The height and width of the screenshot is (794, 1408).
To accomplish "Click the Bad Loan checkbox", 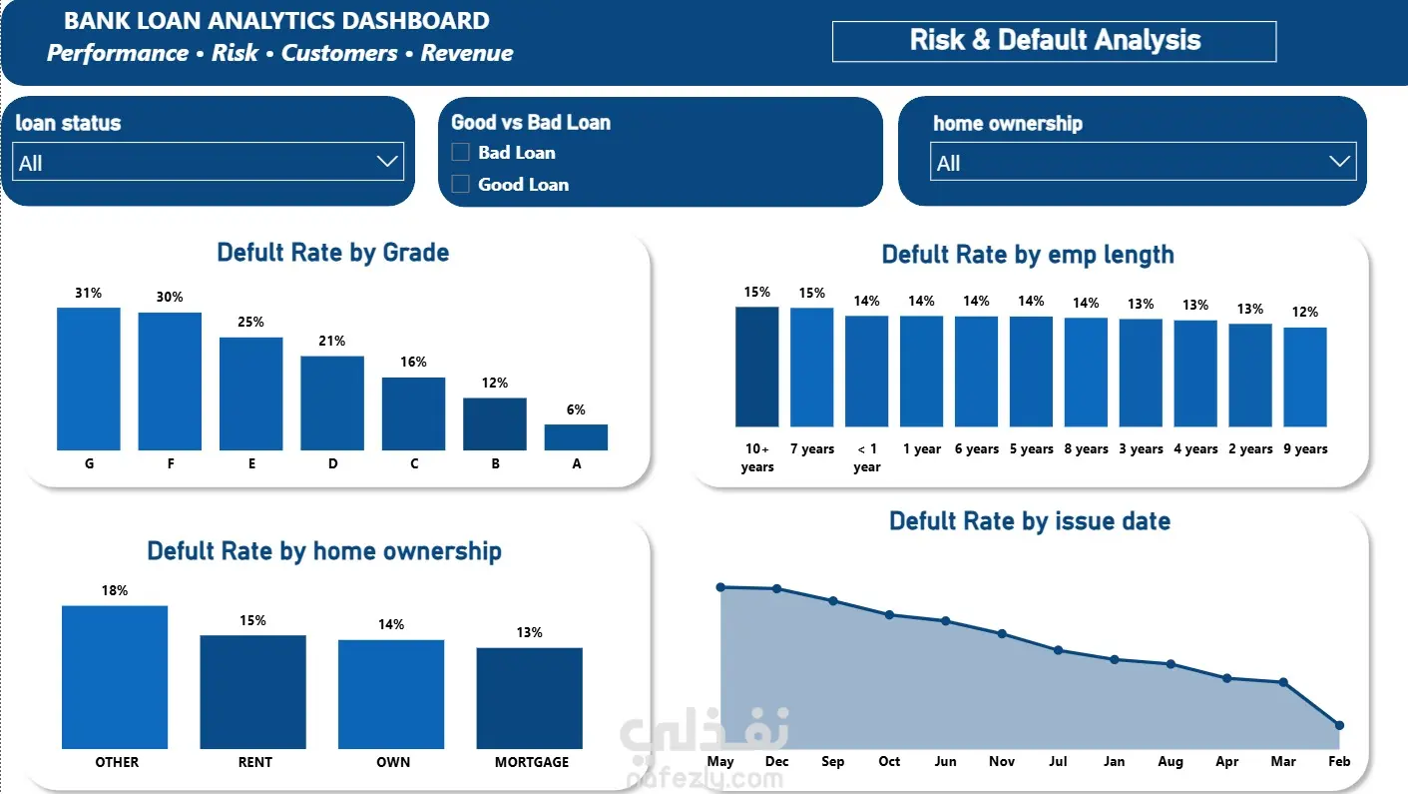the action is click(x=460, y=152).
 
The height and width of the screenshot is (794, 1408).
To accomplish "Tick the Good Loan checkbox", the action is click(x=460, y=184).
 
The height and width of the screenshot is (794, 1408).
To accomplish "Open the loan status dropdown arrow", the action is click(x=386, y=162).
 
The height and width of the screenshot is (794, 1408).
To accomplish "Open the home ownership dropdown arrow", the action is click(x=1339, y=162).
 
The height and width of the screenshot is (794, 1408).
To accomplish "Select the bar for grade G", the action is click(x=89, y=379).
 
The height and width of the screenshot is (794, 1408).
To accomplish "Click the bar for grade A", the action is click(x=576, y=437).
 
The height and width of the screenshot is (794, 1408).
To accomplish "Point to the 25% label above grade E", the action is click(x=250, y=323).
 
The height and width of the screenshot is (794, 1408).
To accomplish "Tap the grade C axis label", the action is click(x=413, y=463).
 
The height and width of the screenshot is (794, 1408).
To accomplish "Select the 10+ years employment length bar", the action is click(x=756, y=367).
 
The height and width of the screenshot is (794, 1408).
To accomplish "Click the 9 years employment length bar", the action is click(x=1305, y=377).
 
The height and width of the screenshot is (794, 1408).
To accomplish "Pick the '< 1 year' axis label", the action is click(x=867, y=457).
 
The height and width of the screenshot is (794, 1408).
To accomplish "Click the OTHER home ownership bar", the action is click(x=115, y=677).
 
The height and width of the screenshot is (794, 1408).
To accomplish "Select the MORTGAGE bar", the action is click(x=529, y=698).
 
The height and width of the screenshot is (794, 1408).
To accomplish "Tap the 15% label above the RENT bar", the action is click(x=252, y=621).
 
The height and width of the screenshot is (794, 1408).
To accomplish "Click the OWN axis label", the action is click(x=393, y=762).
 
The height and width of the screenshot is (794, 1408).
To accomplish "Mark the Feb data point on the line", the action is click(x=1339, y=725).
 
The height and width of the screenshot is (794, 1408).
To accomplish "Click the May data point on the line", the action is click(x=721, y=587).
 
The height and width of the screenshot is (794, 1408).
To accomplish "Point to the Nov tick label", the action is click(x=1001, y=761).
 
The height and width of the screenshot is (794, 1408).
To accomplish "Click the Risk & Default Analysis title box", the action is click(x=1054, y=42).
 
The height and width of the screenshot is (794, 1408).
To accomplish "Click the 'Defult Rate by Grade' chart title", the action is click(x=333, y=253).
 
